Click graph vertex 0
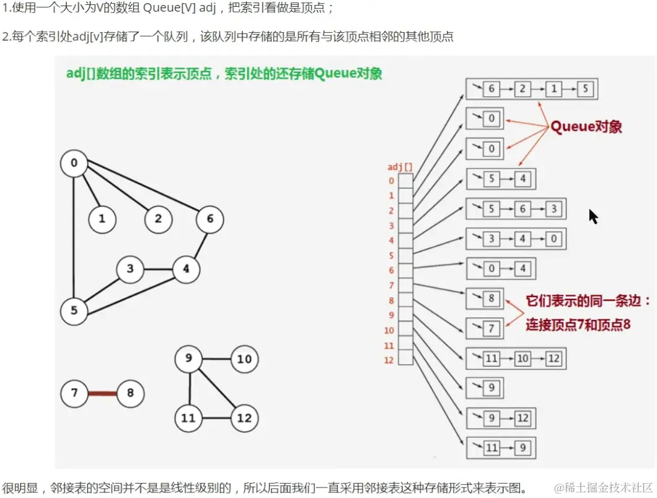coord(74,164)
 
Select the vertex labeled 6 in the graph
coord(210,219)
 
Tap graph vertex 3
coord(130,269)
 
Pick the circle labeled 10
coord(245,359)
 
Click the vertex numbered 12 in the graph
coord(245,418)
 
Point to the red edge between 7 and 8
coord(102,393)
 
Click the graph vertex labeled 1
coord(102,219)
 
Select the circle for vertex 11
coord(188,418)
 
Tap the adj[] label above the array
coord(400,167)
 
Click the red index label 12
coord(389,360)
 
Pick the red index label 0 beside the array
coord(391,181)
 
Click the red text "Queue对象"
coord(586,127)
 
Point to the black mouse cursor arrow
coord(593,216)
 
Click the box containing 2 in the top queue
coord(523,89)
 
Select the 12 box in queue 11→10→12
coord(553,358)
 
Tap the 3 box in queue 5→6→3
coord(553,209)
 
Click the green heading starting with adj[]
coord(224,74)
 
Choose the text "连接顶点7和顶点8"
coord(578,324)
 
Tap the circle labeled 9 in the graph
coord(188,359)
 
